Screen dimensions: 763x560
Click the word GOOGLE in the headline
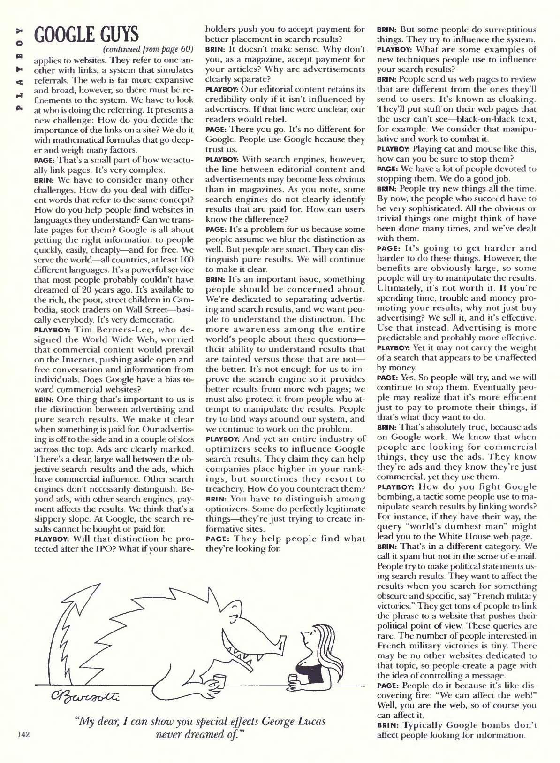(64, 34)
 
